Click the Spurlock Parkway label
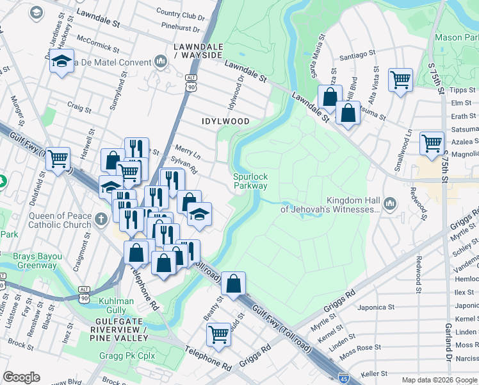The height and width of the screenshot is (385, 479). [x=250, y=180]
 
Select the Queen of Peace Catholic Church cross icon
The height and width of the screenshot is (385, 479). [x=100, y=220]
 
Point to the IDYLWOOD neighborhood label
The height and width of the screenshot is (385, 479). [x=225, y=121]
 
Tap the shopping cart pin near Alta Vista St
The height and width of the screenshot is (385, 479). [x=400, y=80]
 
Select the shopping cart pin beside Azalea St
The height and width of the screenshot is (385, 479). [x=432, y=142]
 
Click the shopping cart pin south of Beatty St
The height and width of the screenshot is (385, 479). [x=218, y=334]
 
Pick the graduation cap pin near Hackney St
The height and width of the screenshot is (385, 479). [x=61, y=62]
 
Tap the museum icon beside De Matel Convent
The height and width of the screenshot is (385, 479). [x=160, y=62]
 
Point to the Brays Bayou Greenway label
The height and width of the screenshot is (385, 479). [x=38, y=261]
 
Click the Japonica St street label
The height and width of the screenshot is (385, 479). [x=374, y=307]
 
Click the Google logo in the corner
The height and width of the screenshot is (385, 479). [x=21, y=377]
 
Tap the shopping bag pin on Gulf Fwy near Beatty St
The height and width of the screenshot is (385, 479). [x=234, y=282]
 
